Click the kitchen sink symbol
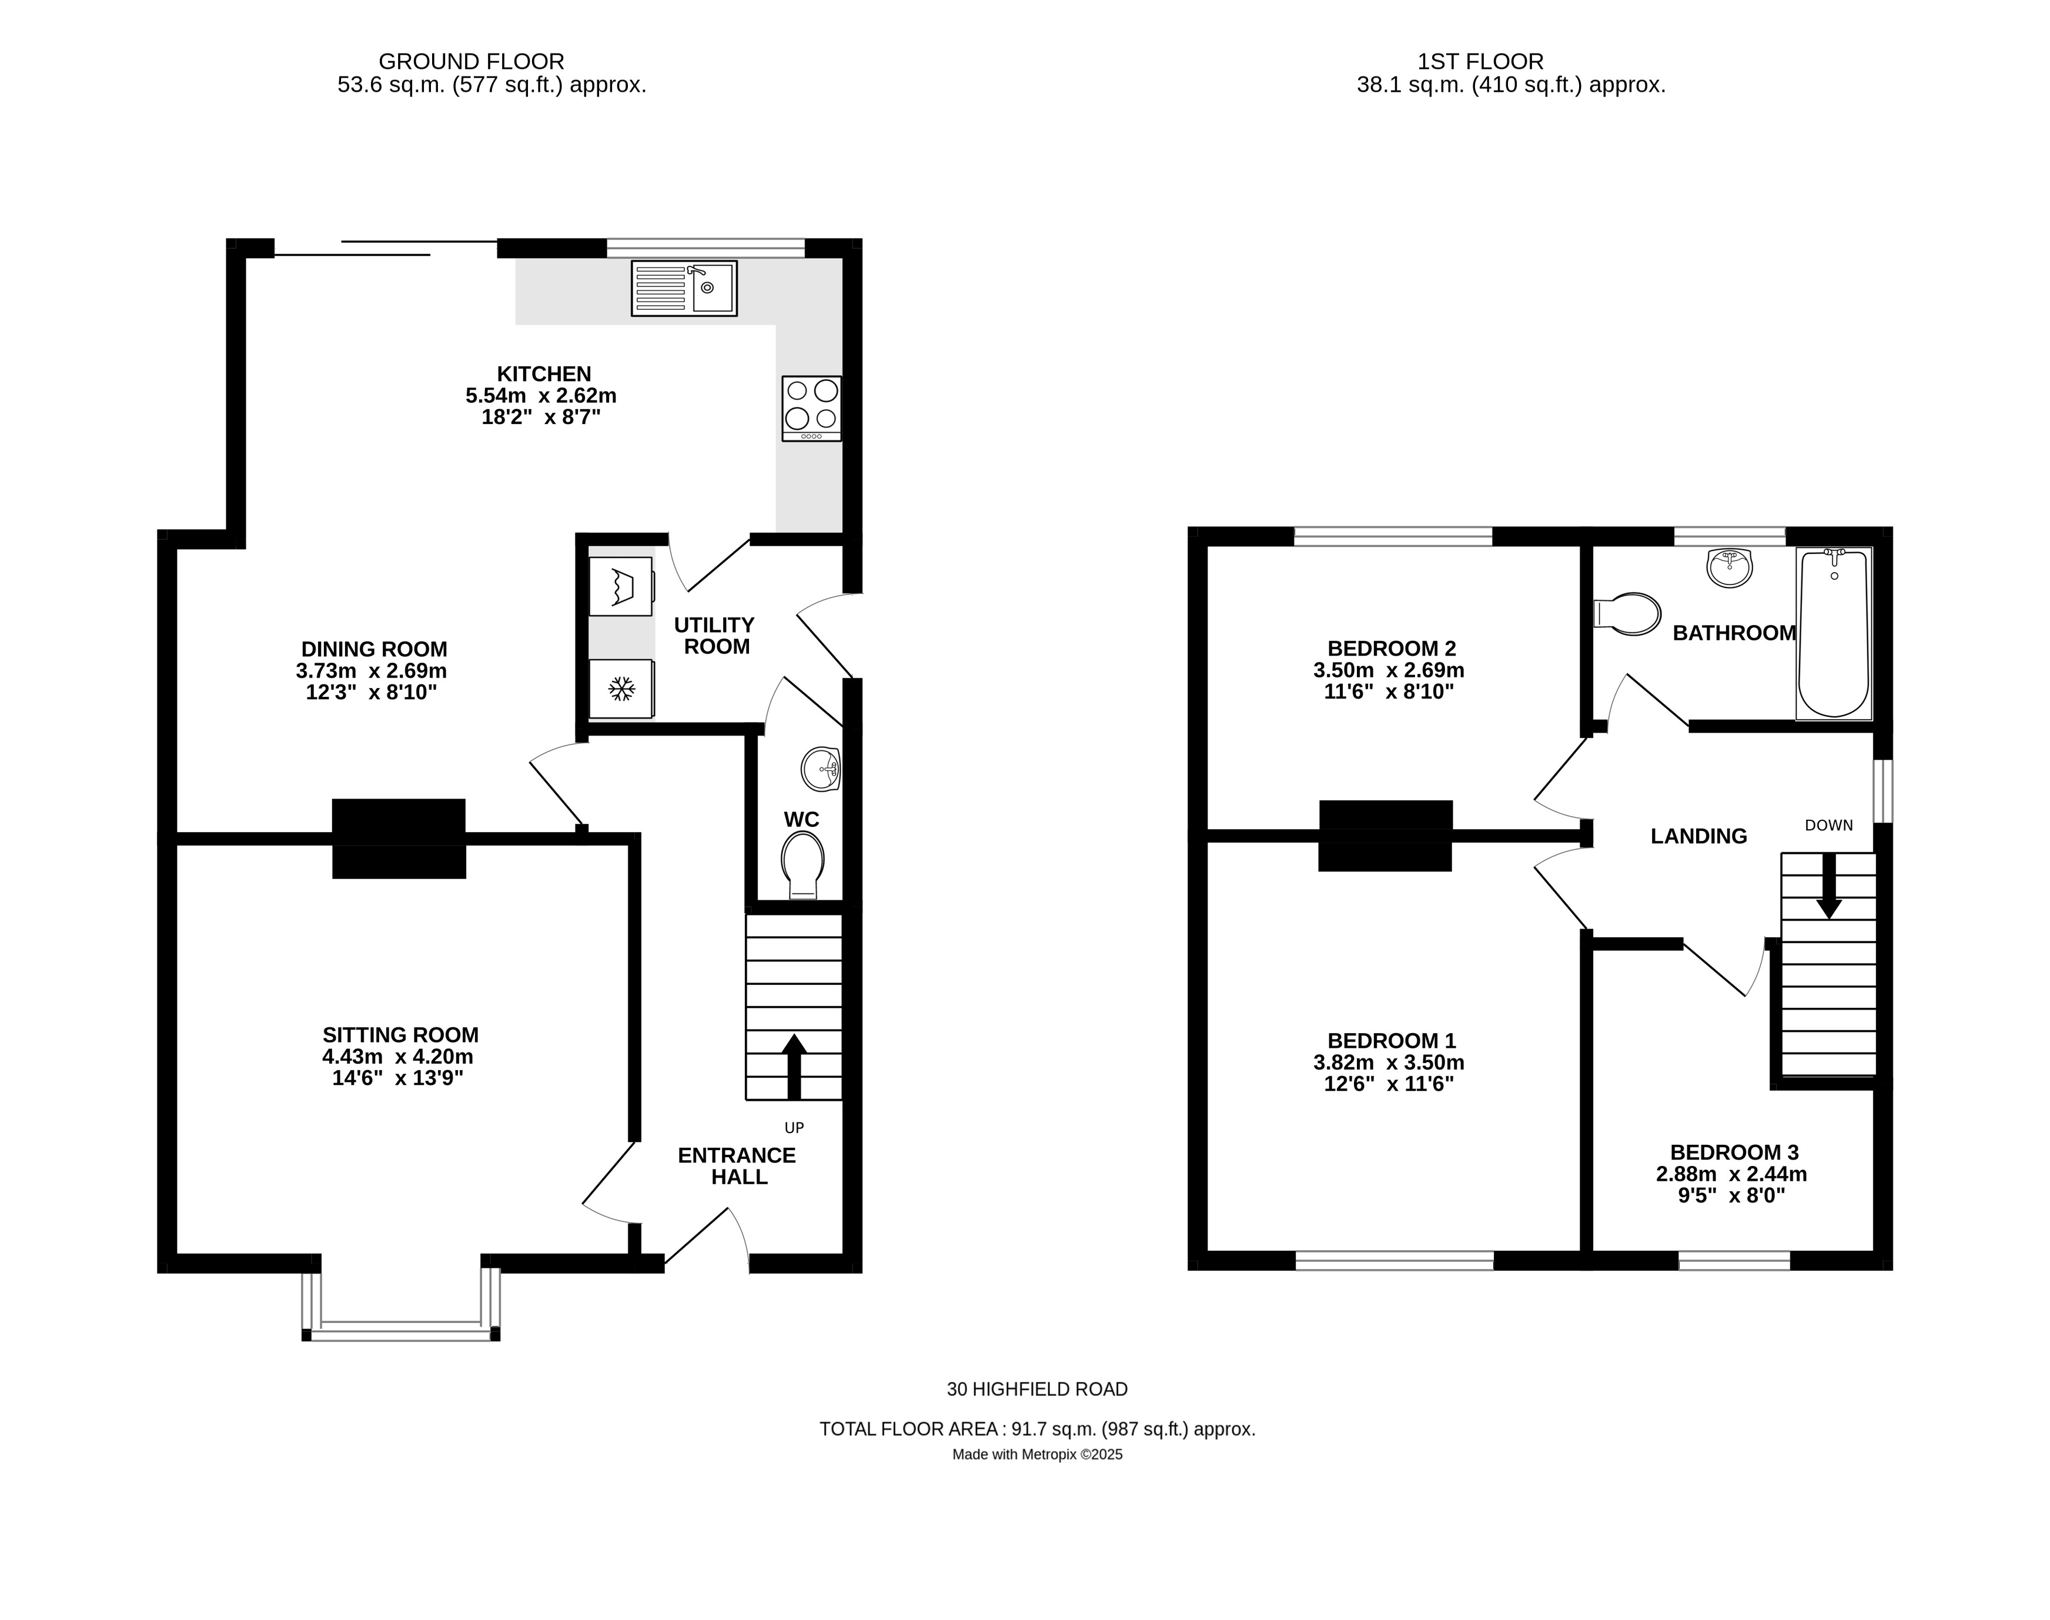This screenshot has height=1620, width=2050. [684, 288]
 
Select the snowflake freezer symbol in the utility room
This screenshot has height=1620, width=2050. [621, 689]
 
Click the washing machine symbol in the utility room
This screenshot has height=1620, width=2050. [621, 586]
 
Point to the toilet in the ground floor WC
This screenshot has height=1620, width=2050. [802, 864]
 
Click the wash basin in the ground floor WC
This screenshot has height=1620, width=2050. [820, 769]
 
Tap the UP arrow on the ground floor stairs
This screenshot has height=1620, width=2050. [794, 1065]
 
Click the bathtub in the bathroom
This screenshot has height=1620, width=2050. [1834, 633]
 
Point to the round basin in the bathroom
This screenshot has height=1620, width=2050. [1730, 567]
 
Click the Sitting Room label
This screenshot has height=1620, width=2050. [400, 1035]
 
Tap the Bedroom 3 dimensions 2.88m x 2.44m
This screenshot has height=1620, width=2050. [1731, 1174]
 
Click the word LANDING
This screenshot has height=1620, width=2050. [1698, 836]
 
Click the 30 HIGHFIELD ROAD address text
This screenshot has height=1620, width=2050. [1036, 1389]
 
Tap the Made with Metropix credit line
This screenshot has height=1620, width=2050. [1036, 1455]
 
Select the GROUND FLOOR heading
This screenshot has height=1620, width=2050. [471, 62]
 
